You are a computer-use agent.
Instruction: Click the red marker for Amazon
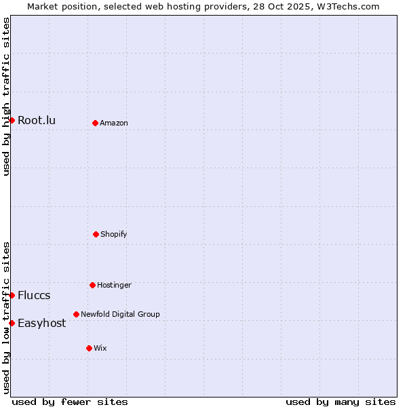point(95,123)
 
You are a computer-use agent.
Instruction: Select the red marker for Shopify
point(96,234)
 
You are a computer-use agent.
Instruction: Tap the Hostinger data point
point(92,285)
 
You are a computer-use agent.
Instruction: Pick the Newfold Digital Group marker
point(76,314)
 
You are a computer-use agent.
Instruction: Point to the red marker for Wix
point(89,348)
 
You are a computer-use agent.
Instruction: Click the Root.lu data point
point(12,120)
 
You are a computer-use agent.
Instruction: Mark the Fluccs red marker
point(12,295)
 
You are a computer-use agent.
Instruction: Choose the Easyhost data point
point(12,323)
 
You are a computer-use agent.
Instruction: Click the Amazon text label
point(114,123)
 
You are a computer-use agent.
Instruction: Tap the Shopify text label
point(114,234)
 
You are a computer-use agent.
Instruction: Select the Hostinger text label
point(114,285)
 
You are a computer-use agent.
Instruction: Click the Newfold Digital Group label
point(120,314)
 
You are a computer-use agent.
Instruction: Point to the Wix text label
point(100,348)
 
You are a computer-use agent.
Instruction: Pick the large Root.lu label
point(37,121)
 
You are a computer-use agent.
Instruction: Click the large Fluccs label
point(34,296)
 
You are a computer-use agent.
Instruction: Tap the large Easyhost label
point(42,324)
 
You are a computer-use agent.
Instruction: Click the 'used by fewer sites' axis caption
point(70,402)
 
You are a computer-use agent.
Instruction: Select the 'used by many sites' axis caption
point(341,402)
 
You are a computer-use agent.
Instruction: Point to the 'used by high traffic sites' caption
point(6,96)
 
